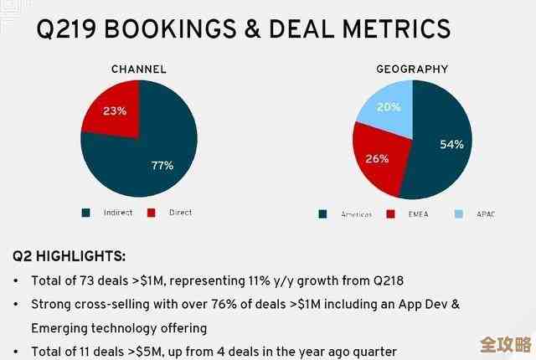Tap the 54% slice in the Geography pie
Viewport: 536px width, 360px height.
(444, 142)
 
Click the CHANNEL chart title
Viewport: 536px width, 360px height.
(138, 69)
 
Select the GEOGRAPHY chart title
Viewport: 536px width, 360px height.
(411, 69)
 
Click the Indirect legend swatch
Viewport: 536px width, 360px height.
(85, 213)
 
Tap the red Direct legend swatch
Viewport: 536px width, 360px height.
(152, 213)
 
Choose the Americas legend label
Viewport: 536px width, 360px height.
(356, 214)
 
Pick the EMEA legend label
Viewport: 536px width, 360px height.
(420, 214)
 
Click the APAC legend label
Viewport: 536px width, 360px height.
(485, 214)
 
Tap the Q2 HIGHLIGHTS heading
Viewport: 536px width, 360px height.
(70, 256)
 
